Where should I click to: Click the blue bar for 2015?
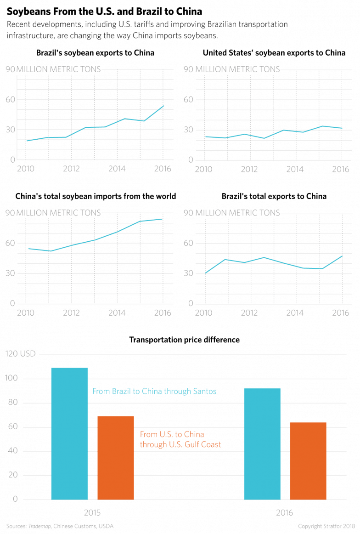(x=69, y=433)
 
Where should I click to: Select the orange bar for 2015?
(x=116, y=457)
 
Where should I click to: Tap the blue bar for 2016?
(x=262, y=443)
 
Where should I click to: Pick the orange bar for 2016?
(x=308, y=460)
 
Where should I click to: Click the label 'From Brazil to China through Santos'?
(x=154, y=392)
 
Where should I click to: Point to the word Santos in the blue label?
(x=205, y=392)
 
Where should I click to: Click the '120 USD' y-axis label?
(x=20, y=354)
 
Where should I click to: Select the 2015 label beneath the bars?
(x=92, y=512)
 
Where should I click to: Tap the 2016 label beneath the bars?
(x=285, y=512)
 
